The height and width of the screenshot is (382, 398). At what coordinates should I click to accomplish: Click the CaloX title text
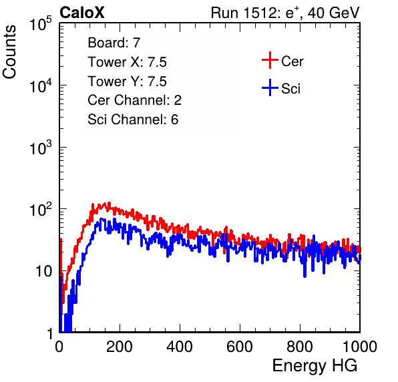[81, 13]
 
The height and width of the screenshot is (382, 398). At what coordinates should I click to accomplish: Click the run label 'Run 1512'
[243, 13]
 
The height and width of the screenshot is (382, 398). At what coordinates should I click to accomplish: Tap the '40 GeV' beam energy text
[333, 13]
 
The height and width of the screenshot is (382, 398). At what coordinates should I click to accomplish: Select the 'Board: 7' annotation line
[114, 42]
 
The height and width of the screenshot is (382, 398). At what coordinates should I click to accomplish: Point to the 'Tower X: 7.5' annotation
[127, 62]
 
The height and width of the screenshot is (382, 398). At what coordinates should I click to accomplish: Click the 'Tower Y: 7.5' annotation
[127, 81]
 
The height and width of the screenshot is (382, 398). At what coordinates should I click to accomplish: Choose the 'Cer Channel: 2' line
[134, 100]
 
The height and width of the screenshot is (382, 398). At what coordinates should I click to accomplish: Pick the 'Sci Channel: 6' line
[133, 120]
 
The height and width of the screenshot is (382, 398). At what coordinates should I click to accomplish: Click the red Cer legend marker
[270, 60]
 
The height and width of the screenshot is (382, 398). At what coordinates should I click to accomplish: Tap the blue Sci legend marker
[270, 88]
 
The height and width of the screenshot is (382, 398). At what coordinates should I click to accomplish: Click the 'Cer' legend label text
[292, 61]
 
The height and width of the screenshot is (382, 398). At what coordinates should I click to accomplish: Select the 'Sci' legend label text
[291, 89]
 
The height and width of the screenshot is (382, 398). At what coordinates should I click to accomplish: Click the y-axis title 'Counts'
[9, 52]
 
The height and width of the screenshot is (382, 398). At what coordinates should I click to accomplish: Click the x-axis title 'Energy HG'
[315, 366]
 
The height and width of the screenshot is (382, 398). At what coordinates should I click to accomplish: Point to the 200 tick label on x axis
[120, 347]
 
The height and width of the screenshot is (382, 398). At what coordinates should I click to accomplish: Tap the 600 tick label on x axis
[240, 347]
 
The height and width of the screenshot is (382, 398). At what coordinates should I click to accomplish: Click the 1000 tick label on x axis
[360, 347]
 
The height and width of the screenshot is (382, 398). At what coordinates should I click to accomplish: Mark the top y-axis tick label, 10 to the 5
[41, 23]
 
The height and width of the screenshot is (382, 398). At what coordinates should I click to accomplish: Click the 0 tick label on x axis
[59, 347]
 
